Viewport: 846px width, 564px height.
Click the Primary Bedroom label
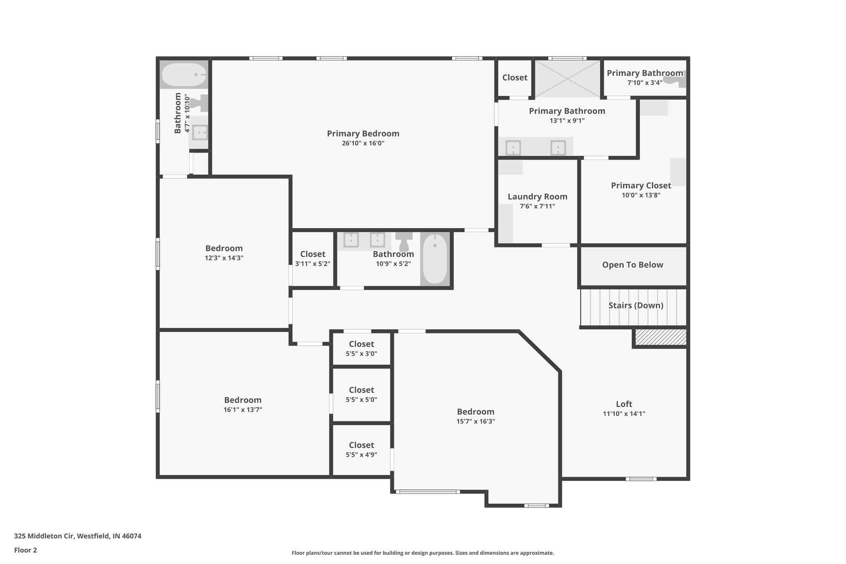coord(363,133)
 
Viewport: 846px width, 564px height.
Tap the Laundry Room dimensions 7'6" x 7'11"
coord(537,206)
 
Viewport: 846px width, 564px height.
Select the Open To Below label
coord(632,265)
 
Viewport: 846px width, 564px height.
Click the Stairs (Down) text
coord(636,305)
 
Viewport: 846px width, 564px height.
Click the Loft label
coord(624,404)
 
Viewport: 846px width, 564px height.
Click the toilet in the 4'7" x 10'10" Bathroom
coord(201,103)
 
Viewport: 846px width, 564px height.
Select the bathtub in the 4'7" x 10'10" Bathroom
coord(183,75)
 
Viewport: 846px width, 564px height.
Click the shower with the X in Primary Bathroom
coord(568,79)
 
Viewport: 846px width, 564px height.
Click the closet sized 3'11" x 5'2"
coord(313,259)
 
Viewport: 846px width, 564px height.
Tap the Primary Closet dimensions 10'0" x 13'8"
coord(641,195)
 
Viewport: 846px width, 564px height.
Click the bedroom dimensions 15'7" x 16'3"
coord(475,421)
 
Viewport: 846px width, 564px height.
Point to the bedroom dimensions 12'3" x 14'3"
coord(224,258)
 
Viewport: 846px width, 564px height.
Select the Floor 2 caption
coord(26,550)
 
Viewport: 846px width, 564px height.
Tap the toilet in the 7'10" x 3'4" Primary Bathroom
coord(676,79)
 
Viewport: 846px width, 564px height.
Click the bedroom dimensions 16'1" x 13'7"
coord(243,410)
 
